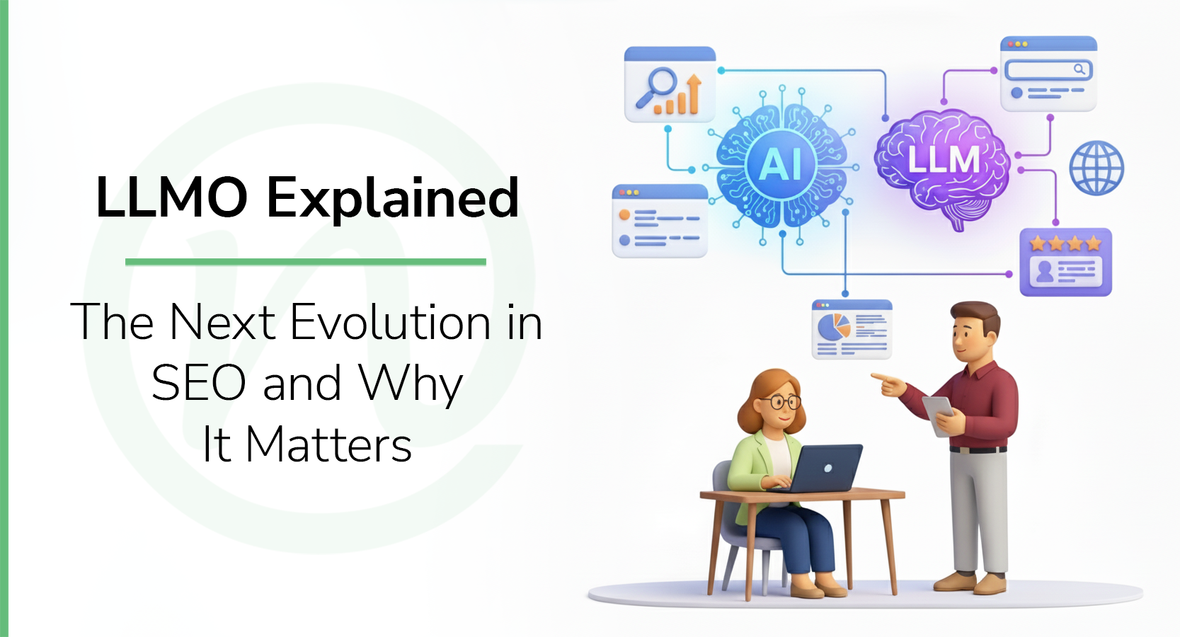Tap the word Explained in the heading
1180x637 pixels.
pos(393,199)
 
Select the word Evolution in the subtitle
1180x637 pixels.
pos(391,323)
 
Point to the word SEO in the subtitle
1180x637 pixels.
pos(199,384)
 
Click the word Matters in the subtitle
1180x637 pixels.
pos(328,445)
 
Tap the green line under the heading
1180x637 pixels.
pos(305,262)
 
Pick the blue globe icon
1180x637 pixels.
pos(1096,168)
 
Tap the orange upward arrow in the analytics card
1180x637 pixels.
pos(693,92)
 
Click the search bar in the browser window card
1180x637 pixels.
pos(1048,69)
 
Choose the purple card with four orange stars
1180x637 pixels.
pos(1065,262)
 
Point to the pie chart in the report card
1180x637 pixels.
pos(834,328)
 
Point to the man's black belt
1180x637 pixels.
pos(978,449)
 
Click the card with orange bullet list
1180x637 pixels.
pos(660,221)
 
